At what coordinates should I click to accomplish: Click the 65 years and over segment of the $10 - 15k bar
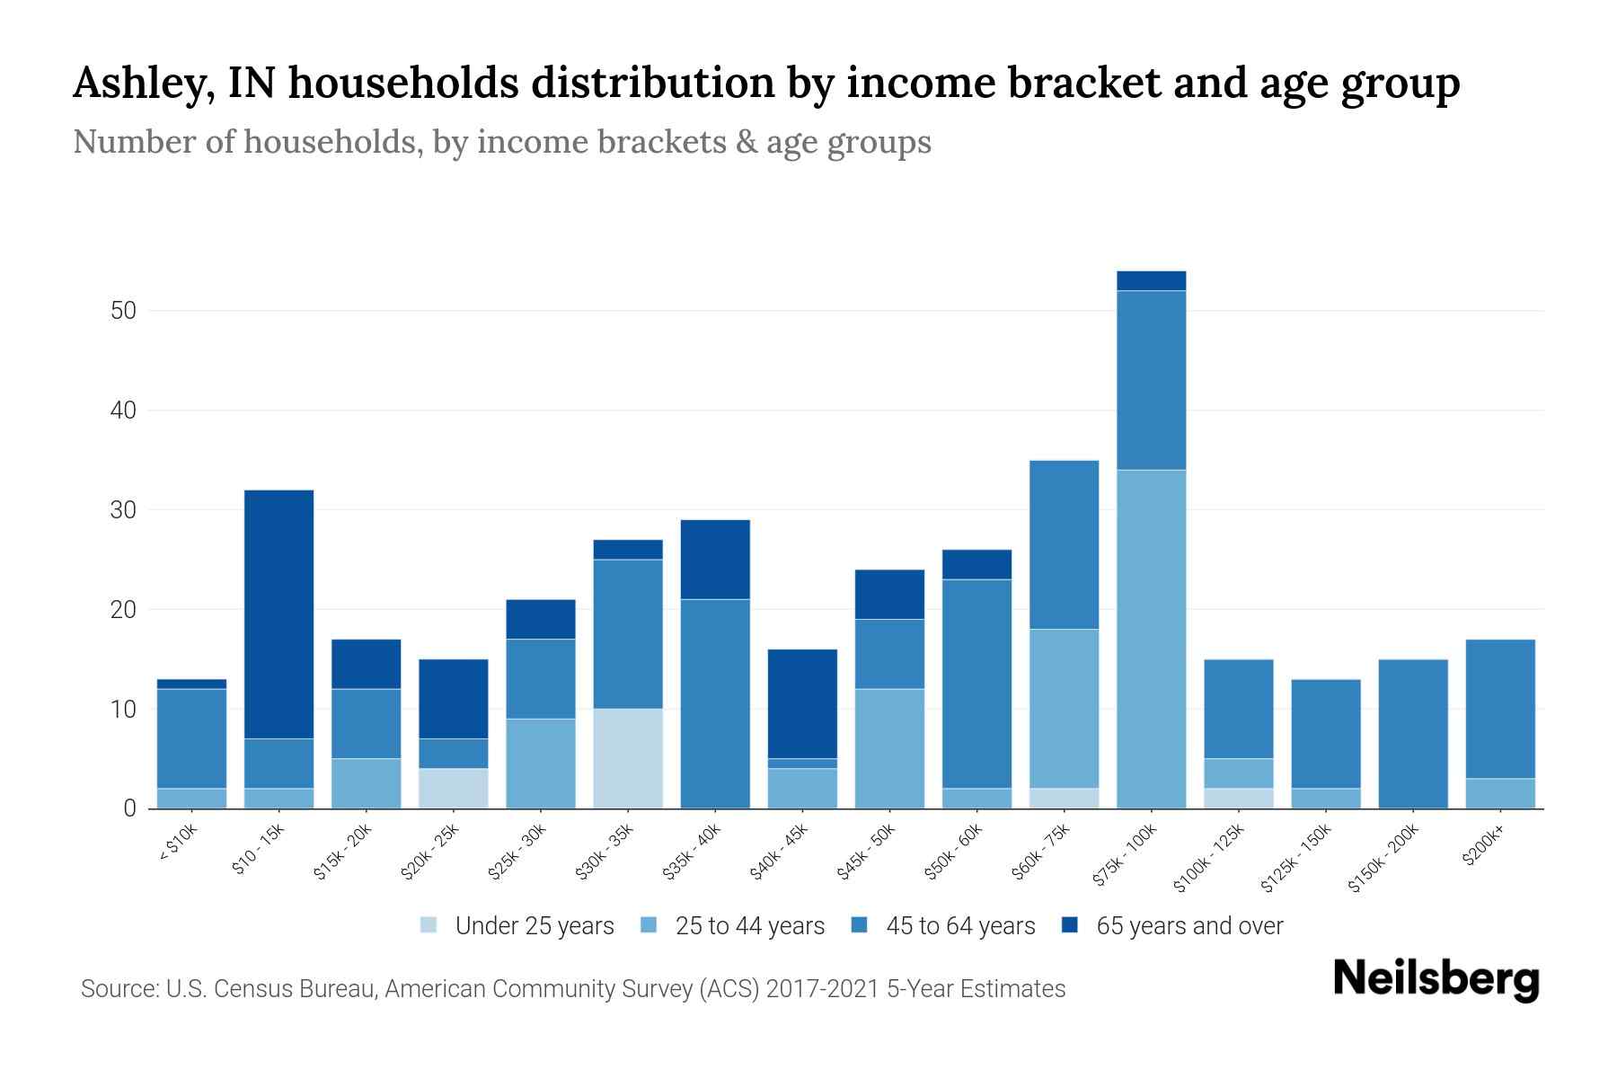(x=278, y=614)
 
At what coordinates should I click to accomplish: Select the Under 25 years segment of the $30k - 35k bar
(x=627, y=758)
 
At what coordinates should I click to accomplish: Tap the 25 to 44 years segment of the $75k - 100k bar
(x=1151, y=639)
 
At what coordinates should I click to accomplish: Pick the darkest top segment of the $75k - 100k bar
(x=1151, y=280)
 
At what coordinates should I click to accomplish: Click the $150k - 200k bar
(x=1412, y=733)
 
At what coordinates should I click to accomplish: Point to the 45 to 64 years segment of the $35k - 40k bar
(x=715, y=702)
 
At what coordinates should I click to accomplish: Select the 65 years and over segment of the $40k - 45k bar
(x=802, y=703)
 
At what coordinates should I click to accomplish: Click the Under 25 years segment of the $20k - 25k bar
(x=453, y=788)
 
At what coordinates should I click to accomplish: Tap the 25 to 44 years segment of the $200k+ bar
(x=1499, y=792)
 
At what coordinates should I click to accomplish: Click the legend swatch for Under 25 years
(x=429, y=925)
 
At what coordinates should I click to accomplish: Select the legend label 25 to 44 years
(x=749, y=925)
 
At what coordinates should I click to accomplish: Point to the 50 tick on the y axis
(x=123, y=311)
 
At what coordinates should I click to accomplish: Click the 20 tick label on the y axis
(x=123, y=610)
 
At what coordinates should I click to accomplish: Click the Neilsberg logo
(x=1436, y=979)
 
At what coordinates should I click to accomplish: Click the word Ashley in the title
(x=143, y=84)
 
